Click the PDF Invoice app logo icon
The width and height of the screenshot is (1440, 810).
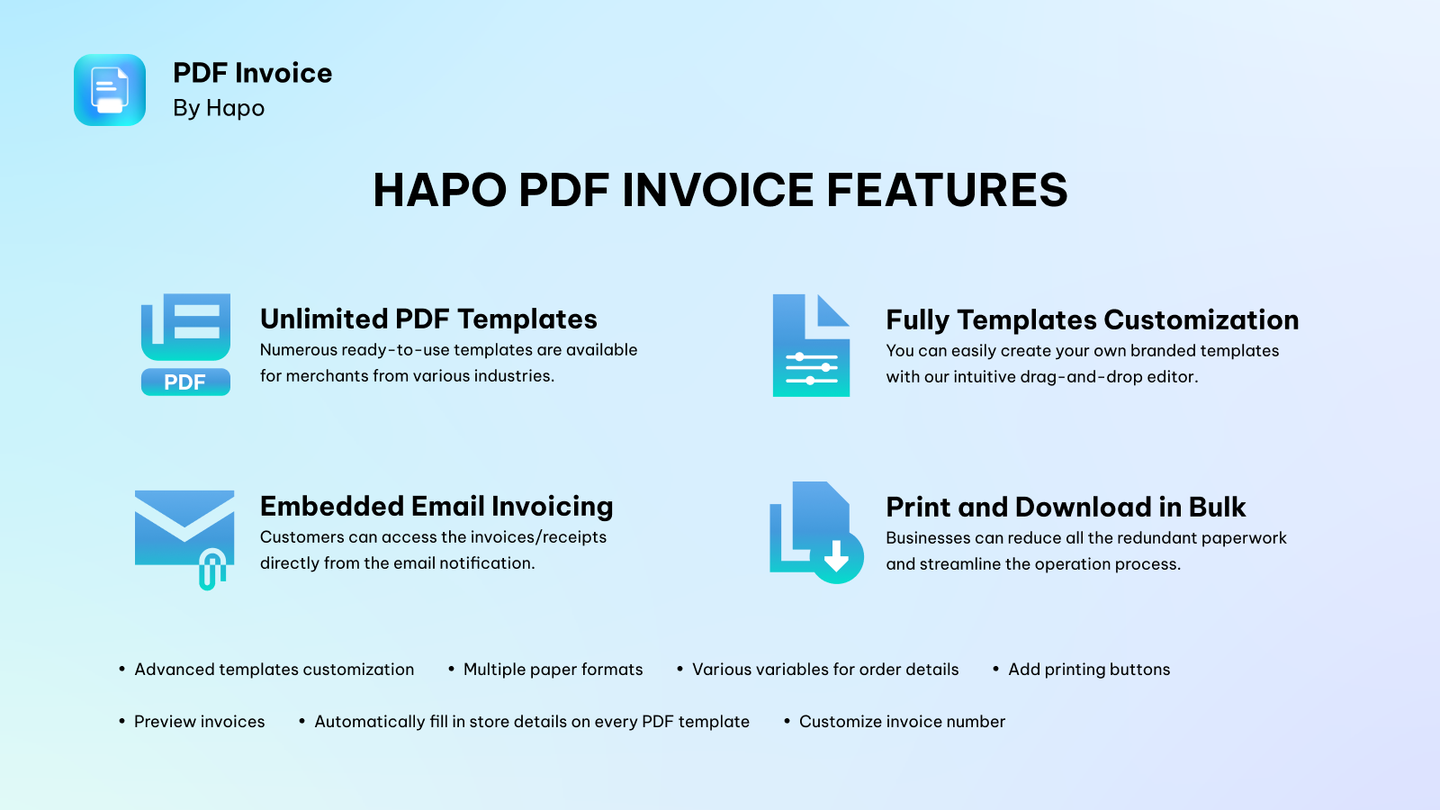pos(110,90)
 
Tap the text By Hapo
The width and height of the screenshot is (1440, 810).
pos(219,108)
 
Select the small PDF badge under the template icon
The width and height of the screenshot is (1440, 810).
pos(185,382)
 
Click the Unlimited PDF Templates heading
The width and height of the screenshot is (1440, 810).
pos(428,319)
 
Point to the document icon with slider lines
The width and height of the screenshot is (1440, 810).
pos(811,346)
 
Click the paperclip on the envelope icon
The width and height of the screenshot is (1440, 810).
pos(211,570)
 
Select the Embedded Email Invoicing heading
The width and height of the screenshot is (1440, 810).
pos(436,507)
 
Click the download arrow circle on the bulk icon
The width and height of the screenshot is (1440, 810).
pos(837,557)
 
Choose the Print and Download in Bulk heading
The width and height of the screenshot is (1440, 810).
pos(1066,508)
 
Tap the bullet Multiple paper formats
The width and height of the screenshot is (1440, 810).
pos(553,670)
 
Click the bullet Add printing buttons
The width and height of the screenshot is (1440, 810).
pos(1089,670)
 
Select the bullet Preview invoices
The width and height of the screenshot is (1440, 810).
pos(200,722)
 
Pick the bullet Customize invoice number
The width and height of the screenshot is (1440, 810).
pos(902,722)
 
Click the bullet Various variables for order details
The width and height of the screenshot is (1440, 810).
pos(825,670)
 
